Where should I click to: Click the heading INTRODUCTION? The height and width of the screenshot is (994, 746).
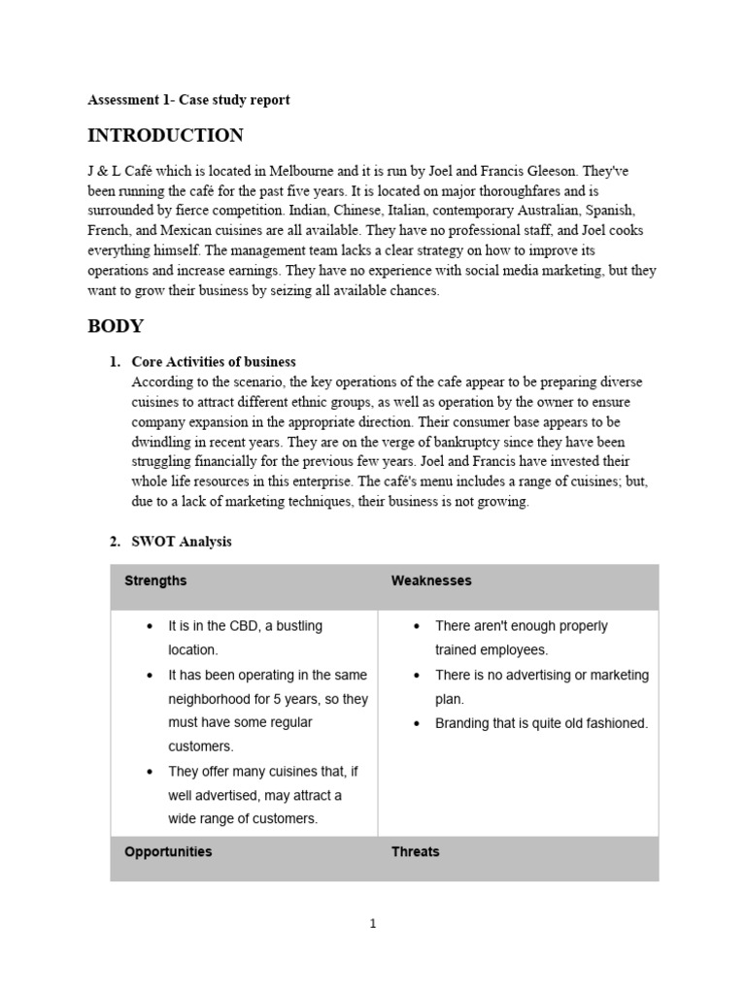pyautogui.click(x=165, y=136)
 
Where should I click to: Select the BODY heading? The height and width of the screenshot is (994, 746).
pyautogui.click(x=116, y=326)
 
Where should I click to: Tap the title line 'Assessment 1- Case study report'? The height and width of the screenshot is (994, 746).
pyautogui.click(x=188, y=100)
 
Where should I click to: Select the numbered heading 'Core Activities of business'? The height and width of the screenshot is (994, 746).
pyautogui.click(x=214, y=362)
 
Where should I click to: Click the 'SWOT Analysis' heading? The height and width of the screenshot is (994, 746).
pyautogui.click(x=182, y=542)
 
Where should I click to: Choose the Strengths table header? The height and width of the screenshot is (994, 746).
pyautogui.click(x=155, y=581)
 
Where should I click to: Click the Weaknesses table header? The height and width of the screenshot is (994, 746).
pyautogui.click(x=431, y=581)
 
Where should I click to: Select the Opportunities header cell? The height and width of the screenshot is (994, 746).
pyautogui.click(x=168, y=852)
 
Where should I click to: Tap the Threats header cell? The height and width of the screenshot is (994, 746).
pyautogui.click(x=415, y=852)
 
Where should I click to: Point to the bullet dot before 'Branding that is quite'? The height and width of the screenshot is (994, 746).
pyautogui.click(x=416, y=723)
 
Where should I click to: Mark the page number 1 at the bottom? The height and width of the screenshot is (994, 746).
pyautogui.click(x=373, y=924)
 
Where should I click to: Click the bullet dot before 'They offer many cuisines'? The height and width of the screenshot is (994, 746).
pyautogui.click(x=150, y=772)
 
